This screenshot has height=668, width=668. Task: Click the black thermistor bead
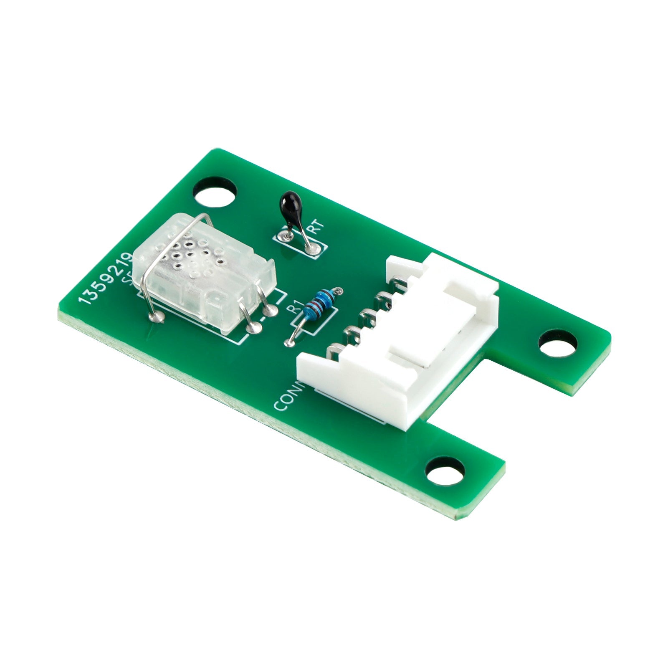(x=290, y=204)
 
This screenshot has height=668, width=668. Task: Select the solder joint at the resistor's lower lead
(x=288, y=343)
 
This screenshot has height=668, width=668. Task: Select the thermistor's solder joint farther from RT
(x=286, y=237)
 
